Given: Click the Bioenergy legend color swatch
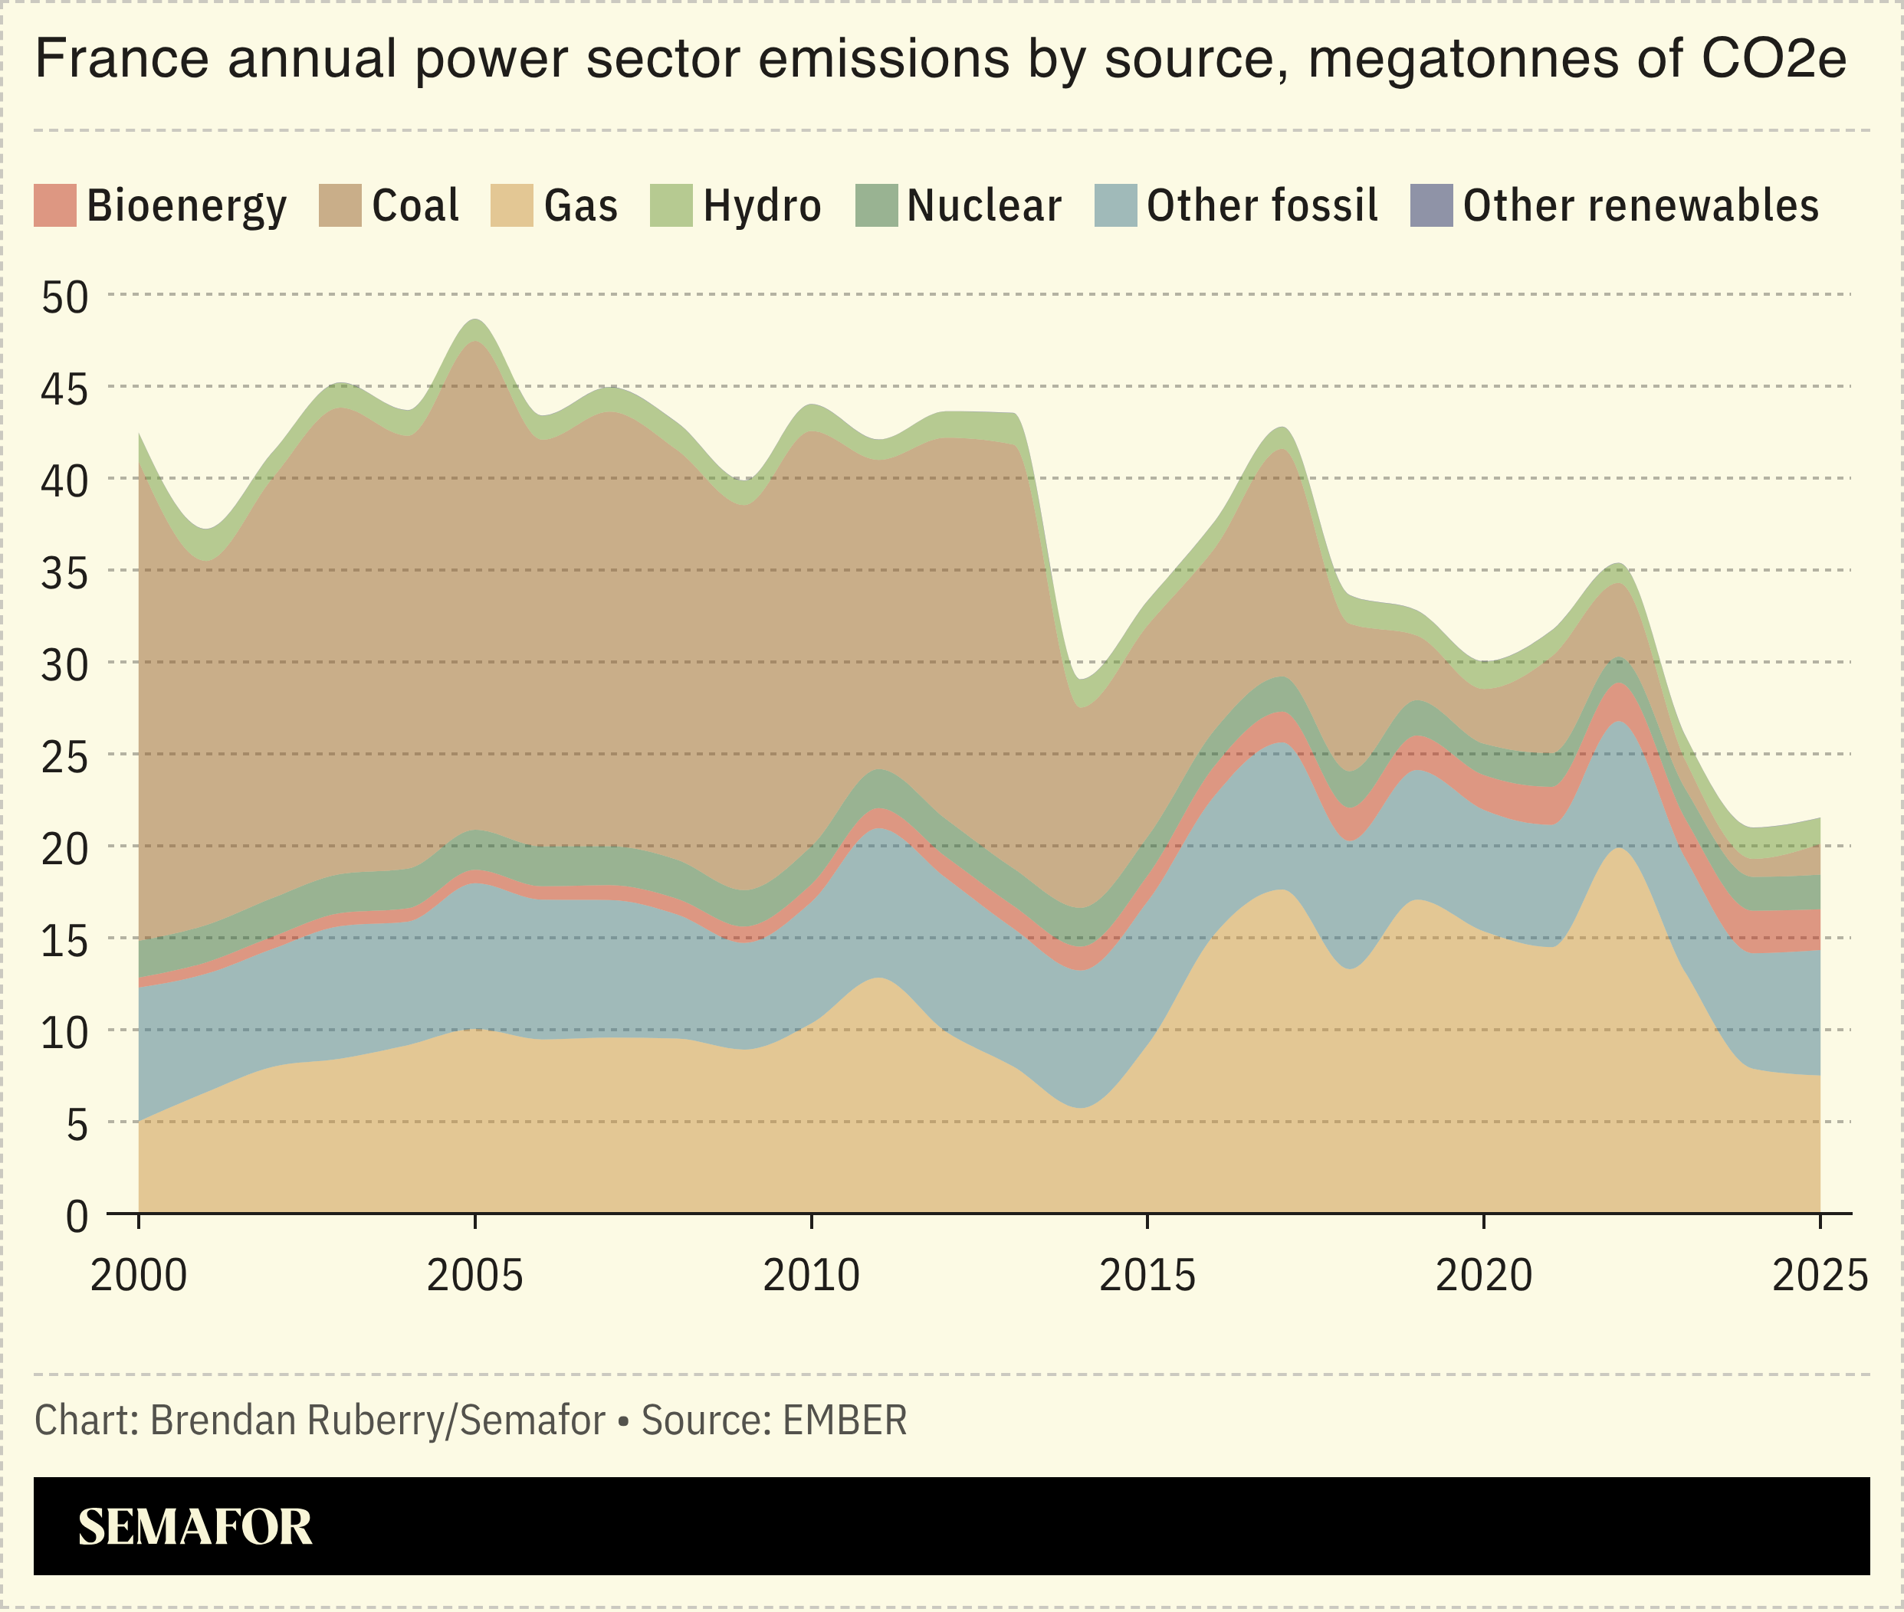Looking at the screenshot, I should pos(55,205).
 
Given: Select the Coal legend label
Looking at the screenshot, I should pos(414,205).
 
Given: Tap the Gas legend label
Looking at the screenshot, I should pos(580,205).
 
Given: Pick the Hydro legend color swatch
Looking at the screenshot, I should pos(671,205).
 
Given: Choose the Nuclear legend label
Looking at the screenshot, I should pos(983,205).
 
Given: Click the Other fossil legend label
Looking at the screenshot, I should pos(1262,205).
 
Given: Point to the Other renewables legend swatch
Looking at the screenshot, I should pos(1431,205).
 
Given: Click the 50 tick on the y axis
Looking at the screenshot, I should pos(65,298).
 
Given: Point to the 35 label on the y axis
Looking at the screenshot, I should pos(65,574).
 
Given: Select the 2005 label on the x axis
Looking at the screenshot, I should pos(474,1276).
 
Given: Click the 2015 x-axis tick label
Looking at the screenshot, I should pos(1147,1276).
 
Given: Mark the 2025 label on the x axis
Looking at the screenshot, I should pos(1819,1276).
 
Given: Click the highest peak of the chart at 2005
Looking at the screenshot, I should pos(475,321).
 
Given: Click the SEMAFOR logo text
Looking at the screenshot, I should pos(195,1527).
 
